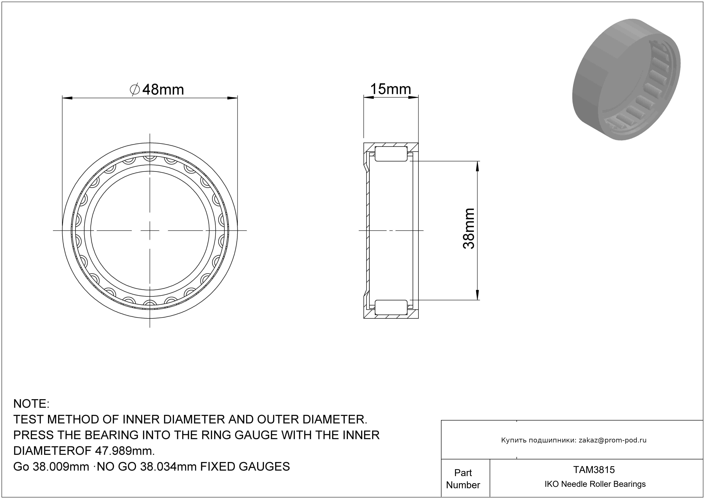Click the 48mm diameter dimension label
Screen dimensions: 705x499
coord(157,90)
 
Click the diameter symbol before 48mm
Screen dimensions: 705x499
coord(135,90)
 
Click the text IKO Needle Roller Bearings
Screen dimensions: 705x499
coord(595,484)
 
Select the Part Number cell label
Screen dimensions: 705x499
coord(463,479)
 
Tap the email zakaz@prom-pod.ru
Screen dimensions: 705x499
coord(613,440)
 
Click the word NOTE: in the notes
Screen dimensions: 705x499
coord(31,404)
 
